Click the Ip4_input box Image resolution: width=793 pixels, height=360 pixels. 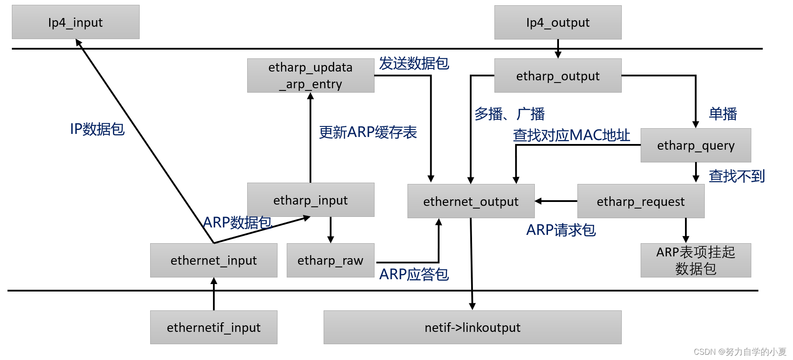(76, 22)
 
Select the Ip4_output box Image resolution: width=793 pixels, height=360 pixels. (558, 22)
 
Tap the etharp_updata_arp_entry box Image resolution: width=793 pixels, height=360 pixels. (310, 76)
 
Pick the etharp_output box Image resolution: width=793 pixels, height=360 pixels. (558, 76)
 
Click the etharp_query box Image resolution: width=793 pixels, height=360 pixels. (696, 145)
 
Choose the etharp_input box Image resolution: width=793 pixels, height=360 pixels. (310, 200)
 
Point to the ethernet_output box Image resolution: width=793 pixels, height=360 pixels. (471, 201)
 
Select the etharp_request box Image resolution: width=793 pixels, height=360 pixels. (641, 201)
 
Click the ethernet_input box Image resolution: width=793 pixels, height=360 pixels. (213, 260)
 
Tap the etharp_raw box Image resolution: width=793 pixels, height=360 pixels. (330, 260)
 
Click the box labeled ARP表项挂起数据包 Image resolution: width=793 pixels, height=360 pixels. (696, 260)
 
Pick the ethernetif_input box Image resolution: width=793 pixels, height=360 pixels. (213, 328)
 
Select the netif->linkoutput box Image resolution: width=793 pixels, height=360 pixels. (472, 328)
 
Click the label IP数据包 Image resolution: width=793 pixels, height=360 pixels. (97, 129)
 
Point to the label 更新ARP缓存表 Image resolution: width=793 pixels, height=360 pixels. (368, 132)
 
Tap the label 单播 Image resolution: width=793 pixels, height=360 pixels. (723, 114)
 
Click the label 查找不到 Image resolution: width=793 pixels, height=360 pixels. (736, 176)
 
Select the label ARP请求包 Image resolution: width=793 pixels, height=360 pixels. (561, 230)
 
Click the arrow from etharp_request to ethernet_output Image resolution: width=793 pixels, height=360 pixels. (556, 201)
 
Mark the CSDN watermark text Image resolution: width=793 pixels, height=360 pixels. (739, 352)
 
